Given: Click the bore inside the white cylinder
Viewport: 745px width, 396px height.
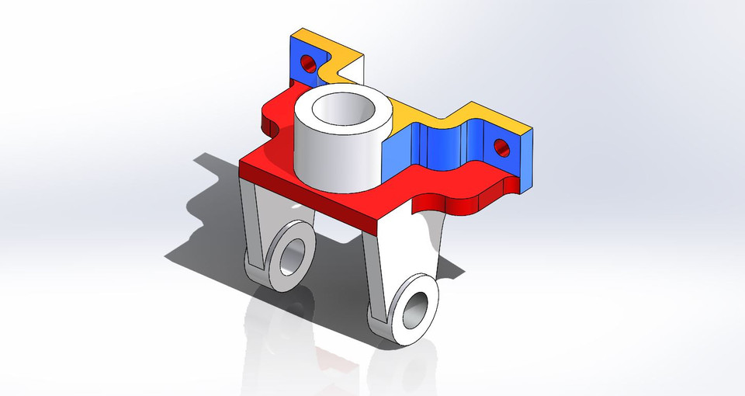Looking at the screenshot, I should (344, 109).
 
